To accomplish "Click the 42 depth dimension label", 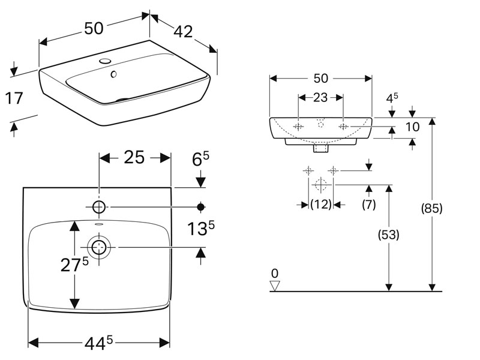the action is pos(184,32).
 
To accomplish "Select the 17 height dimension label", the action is pos(14,98).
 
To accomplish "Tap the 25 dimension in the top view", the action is pos(134,158).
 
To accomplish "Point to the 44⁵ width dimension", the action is pos(98,343).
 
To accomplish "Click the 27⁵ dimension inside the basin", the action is pos(74,265).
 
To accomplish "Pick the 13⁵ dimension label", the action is pos(201,229).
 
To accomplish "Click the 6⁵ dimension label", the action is pos(200,158).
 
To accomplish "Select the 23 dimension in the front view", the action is pos(320,98).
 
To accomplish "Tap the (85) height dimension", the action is pos(431,209).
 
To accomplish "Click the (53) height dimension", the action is pos(389,235).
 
